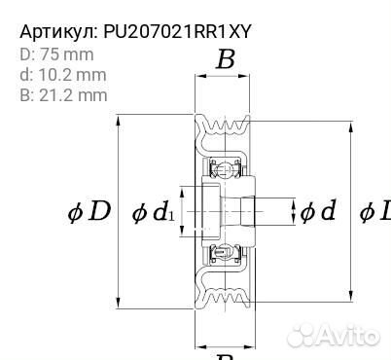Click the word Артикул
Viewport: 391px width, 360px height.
[x=56, y=31]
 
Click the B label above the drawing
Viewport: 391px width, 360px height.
[x=225, y=61]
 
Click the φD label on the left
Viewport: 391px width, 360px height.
[x=88, y=210]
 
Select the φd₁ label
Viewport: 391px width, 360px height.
[x=154, y=211]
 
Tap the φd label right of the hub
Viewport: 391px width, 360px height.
[x=317, y=210]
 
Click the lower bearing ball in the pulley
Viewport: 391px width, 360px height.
[x=223, y=255]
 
